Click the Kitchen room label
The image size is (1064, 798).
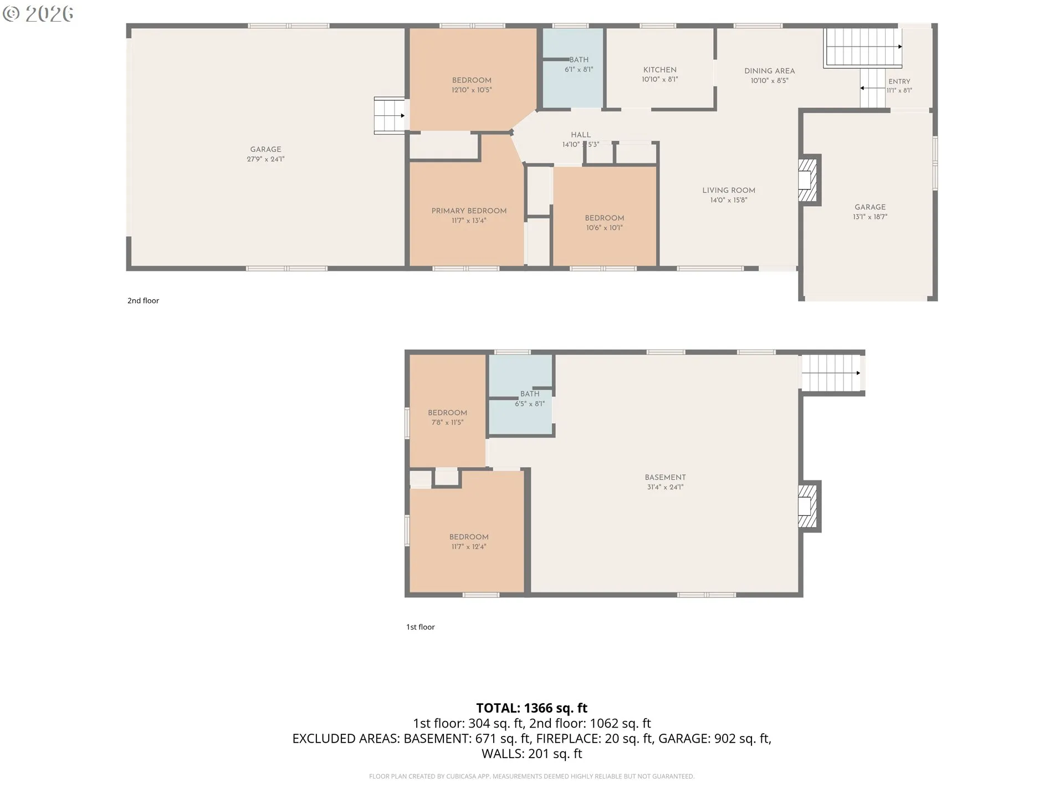[x=659, y=70]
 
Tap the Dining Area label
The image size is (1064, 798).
[x=769, y=71]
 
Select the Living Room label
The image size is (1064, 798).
[x=729, y=191]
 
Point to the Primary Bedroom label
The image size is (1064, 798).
[x=469, y=211]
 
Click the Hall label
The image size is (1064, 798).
[x=581, y=135]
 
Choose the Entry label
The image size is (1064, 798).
[x=899, y=81]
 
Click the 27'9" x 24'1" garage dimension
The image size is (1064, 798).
[x=265, y=160]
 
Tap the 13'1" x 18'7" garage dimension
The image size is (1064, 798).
[x=870, y=217]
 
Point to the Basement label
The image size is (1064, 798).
[x=665, y=478]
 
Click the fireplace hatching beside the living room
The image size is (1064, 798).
[x=807, y=180]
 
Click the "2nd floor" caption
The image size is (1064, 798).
[x=143, y=301]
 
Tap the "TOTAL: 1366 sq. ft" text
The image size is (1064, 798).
[x=532, y=708]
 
